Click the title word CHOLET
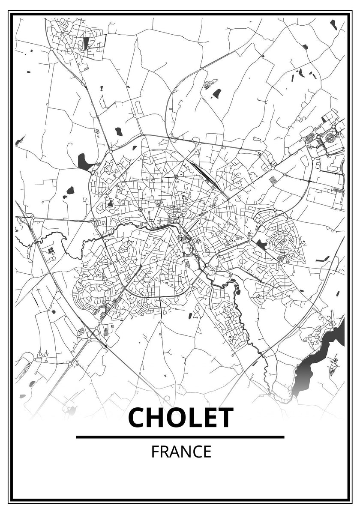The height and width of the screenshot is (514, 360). pyautogui.click(x=180, y=418)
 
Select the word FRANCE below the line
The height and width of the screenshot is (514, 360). pyautogui.click(x=181, y=452)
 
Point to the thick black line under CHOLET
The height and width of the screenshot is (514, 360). pyautogui.click(x=180, y=437)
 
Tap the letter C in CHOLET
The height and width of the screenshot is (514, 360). pyautogui.click(x=138, y=418)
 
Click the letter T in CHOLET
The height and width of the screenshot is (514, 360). pyautogui.click(x=224, y=418)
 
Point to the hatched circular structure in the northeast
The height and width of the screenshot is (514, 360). pyautogui.click(x=330, y=138)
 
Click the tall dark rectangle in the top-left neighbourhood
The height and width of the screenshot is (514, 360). pyautogui.click(x=86, y=42)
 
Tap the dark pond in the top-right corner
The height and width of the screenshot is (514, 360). pyautogui.click(x=333, y=24)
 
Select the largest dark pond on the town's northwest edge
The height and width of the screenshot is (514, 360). pyautogui.click(x=84, y=162)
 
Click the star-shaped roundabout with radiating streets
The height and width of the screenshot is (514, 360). pyautogui.click(x=176, y=176)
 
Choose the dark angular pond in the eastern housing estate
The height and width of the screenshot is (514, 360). pyautogui.click(x=261, y=245)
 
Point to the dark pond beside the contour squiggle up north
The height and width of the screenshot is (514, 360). pyautogui.click(x=217, y=93)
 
